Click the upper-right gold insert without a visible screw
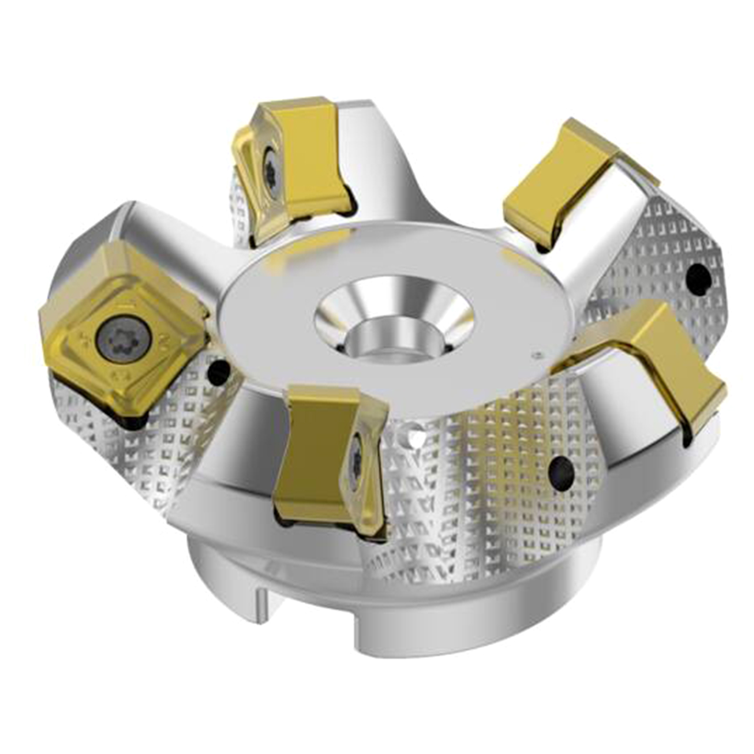(565, 183)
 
